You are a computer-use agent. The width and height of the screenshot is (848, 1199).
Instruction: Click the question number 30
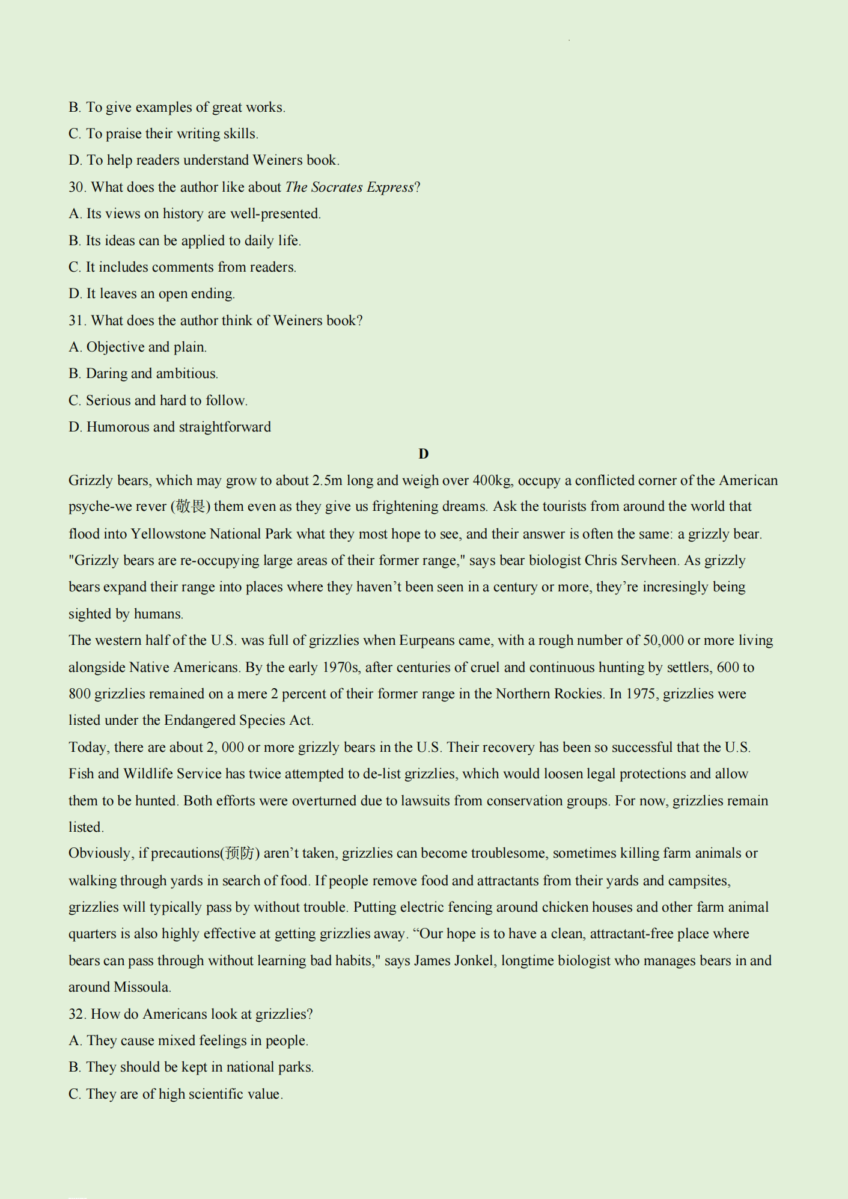pos(76,187)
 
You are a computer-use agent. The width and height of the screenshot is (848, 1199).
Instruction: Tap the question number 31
pos(76,320)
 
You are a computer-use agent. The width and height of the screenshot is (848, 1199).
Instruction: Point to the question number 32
pos(76,1014)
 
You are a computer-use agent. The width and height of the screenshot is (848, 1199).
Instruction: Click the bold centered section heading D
pos(424,454)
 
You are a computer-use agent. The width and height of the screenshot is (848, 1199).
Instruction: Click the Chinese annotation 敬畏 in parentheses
pos(191,506)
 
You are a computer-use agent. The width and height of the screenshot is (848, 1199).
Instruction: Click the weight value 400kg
pos(493,480)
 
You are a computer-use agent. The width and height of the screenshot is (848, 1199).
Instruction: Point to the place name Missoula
pos(142,987)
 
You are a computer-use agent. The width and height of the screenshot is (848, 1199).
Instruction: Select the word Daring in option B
pos(106,373)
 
